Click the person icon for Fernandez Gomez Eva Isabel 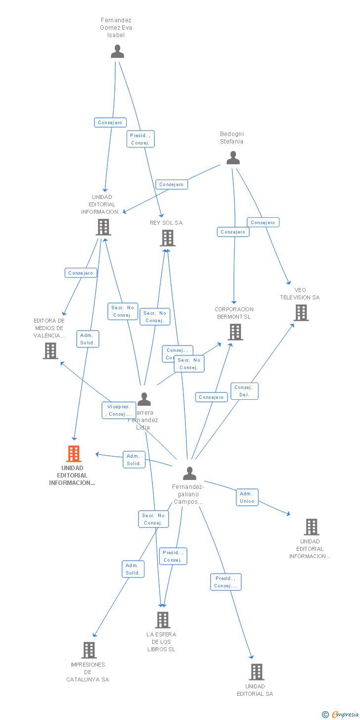coord(117,51)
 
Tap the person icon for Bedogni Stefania coord(233,158)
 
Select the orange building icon coord(73,453)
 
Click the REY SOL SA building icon coord(168,238)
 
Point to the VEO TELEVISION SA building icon coord(301,313)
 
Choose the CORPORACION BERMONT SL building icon coord(235,332)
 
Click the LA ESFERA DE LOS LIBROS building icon coord(162,620)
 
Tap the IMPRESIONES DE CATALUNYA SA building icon coord(89,650)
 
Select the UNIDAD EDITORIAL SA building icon coord(256,672)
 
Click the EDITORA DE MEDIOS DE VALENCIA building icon coord(50,351)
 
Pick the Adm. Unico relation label coord(247,497)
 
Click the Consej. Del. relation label coord(244,391)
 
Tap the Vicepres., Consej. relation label coord(119,410)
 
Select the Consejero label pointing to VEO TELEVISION coord(263,223)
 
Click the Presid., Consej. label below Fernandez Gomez coord(140,139)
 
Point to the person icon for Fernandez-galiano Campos coord(189,474)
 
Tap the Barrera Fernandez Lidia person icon coord(144,399)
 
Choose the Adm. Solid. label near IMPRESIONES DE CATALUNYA coord(133,569)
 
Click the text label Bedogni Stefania coord(232,138)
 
